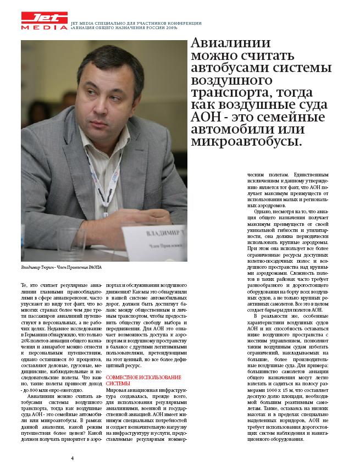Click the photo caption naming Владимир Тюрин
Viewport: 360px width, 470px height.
(61, 268)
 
